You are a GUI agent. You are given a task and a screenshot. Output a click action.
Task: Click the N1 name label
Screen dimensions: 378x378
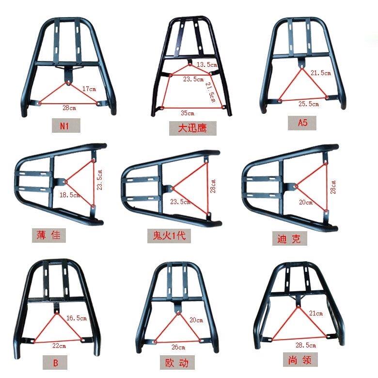(64, 126)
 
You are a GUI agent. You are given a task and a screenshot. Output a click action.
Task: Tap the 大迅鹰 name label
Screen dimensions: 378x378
(192, 128)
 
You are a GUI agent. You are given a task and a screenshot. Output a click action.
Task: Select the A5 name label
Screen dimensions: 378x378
(302, 123)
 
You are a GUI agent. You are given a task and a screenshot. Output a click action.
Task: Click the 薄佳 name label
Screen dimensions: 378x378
(48, 235)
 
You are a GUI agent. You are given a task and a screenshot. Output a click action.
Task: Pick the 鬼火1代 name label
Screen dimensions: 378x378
(169, 236)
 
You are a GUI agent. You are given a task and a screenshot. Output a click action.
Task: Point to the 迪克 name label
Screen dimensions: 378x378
(289, 238)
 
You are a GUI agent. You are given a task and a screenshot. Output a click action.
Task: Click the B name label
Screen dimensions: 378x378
(55, 363)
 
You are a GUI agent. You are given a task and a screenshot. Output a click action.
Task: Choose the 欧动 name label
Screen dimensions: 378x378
(177, 363)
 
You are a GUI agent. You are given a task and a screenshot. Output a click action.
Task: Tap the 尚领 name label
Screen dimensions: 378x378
(299, 360)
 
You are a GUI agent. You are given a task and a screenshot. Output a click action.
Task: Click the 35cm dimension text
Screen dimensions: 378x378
(188, 113)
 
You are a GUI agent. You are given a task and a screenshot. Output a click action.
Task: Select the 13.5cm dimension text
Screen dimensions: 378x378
(207, 64)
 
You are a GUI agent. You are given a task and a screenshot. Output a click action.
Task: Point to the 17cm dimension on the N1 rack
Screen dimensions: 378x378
(89, 89)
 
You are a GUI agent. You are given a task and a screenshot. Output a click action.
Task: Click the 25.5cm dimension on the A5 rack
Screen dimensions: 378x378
(309, 104)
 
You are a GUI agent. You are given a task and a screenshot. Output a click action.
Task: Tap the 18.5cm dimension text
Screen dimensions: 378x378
(70, 195)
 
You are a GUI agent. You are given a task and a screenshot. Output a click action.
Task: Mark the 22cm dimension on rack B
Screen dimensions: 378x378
(59, 346)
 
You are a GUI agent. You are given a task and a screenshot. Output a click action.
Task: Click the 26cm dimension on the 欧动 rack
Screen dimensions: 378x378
(178, 347)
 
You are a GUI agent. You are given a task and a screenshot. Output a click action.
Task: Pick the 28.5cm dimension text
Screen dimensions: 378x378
(306, 345)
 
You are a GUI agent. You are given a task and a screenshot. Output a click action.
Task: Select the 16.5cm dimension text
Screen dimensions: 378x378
(77, 318)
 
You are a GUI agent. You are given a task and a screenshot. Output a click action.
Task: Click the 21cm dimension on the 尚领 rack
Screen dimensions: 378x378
(316, 313)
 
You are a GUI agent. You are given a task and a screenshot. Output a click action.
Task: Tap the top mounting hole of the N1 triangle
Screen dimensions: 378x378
(68, 83)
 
